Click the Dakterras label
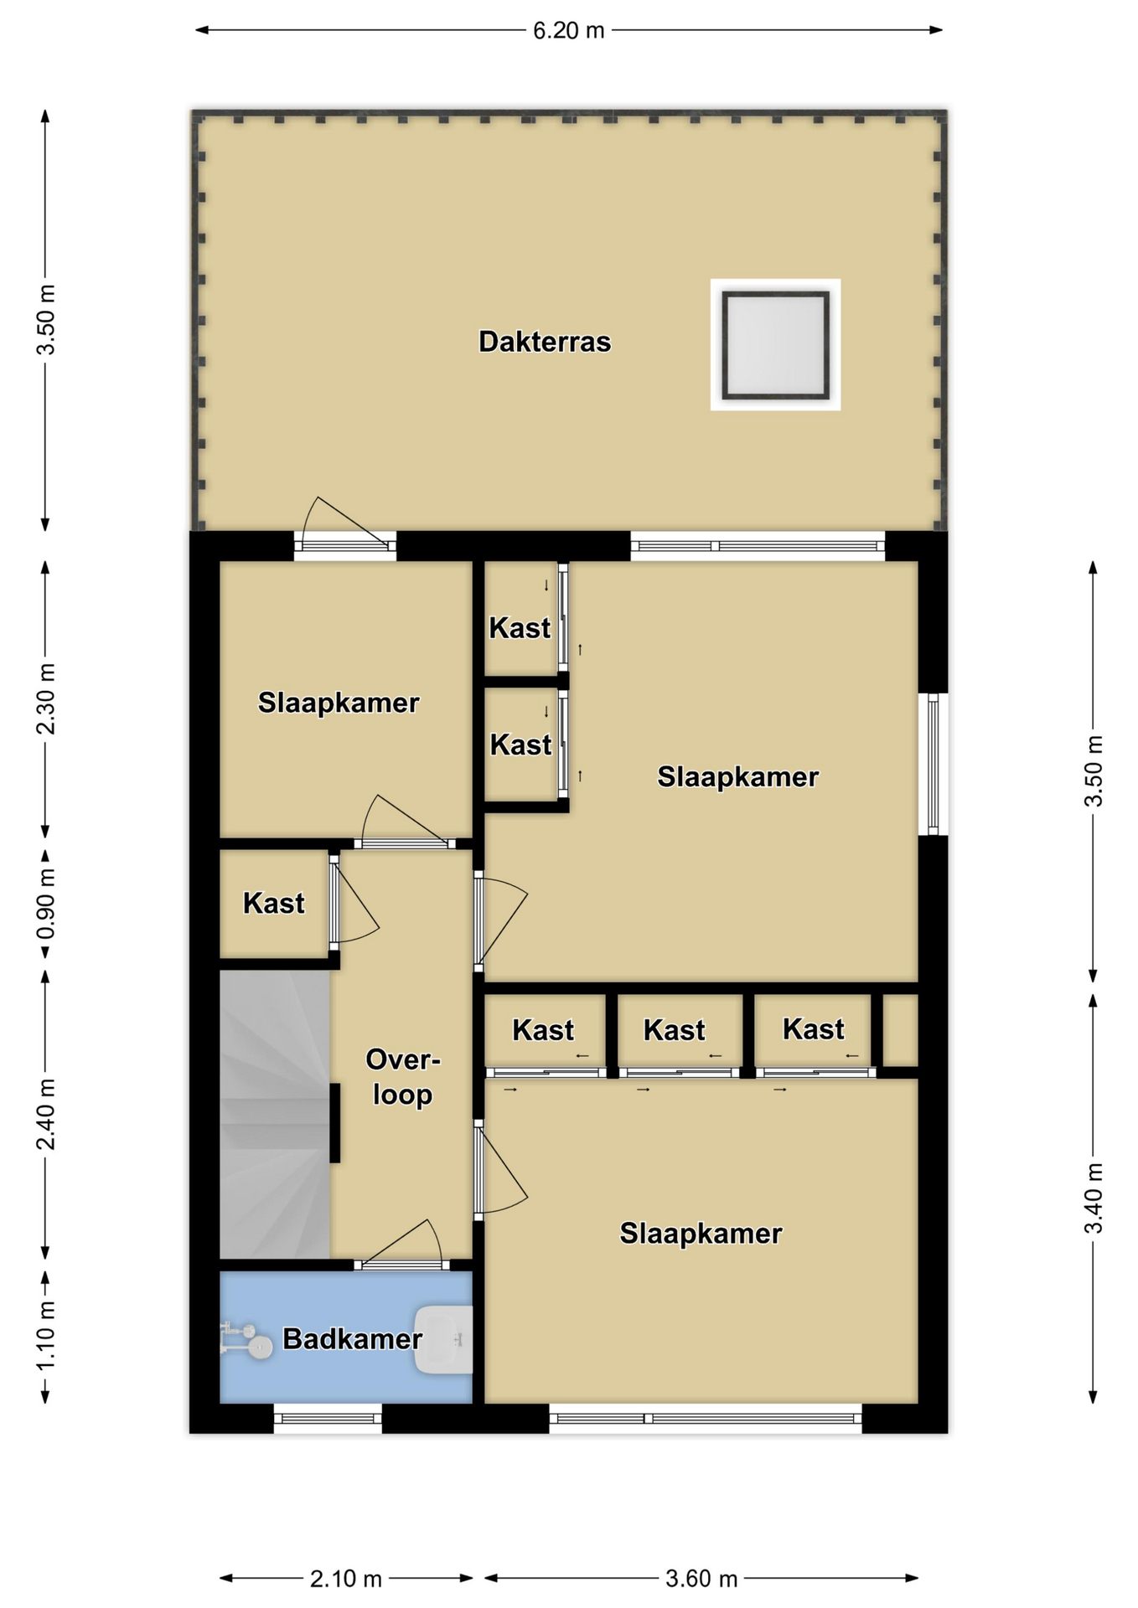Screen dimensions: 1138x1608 [545, 342]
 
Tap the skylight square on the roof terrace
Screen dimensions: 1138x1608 [775, 344]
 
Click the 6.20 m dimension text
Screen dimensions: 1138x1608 [569, 30]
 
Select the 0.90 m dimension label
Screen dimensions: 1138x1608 [46, 904]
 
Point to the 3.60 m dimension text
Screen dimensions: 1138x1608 [701, 1579]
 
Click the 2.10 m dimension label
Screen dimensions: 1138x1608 [346, 1579]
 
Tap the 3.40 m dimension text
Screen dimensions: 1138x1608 [1094, 1198]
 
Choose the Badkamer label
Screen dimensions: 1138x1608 [352, 1338]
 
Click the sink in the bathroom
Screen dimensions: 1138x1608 [443, 1339]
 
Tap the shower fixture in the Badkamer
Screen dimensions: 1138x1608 [246, 1338]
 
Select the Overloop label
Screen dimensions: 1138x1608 [403, 1077]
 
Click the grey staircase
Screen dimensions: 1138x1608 [275, 1114]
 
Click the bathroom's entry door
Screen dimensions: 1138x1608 [398, 1245]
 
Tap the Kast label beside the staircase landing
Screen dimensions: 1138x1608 [274, 903]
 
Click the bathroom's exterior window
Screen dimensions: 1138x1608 [328, 1418]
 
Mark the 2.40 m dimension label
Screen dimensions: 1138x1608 [46, 1114]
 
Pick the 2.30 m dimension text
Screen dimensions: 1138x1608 [46, 698]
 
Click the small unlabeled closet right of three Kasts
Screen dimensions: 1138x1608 [901, 1030]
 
